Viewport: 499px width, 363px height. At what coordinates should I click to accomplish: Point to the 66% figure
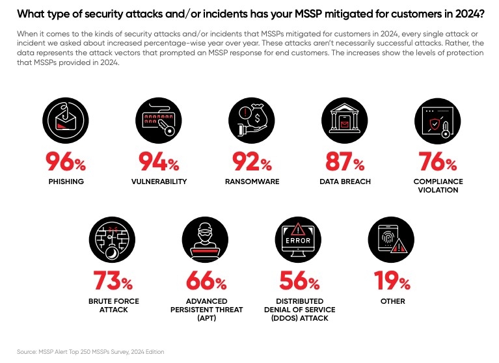tap(206, 282)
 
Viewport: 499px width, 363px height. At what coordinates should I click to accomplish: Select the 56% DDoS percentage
tap(299, 282)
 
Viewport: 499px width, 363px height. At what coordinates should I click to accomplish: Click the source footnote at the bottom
tap(90, 352)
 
